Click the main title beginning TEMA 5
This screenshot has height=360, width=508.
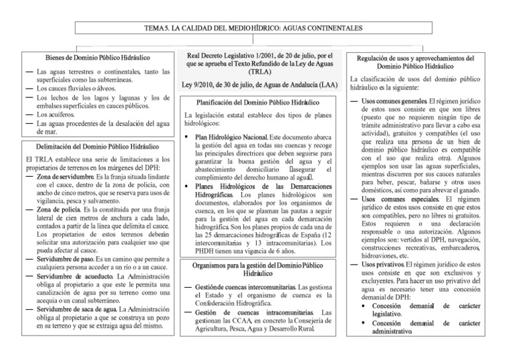(254, 28)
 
